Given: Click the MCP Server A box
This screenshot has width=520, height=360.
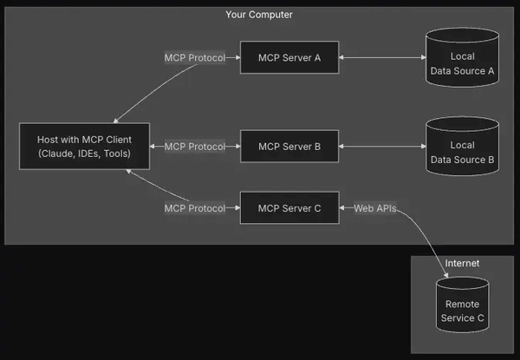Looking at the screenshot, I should pos(289,57).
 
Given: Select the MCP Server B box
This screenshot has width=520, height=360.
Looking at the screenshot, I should pos(289,147).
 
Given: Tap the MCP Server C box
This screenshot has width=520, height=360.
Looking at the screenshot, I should pos(289,208).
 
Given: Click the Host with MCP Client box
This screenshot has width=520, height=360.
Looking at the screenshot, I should pos(84,147).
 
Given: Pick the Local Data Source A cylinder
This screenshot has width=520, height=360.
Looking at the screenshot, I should pos(462,57).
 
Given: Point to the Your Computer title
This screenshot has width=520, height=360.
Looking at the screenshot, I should pos(259,15).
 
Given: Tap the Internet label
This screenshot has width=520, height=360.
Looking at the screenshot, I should pos(462,263).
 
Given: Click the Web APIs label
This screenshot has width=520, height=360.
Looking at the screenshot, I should pos(375,208).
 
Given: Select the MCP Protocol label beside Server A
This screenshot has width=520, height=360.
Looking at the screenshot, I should pos(195,57).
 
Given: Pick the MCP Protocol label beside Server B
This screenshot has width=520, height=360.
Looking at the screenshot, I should pos(195,147).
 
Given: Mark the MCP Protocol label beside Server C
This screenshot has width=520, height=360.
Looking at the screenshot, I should pos(195,208).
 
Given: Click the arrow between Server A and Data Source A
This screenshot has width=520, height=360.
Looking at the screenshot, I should pos(381,57).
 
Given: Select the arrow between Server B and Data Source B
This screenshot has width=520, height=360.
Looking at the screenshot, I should pos(381,147).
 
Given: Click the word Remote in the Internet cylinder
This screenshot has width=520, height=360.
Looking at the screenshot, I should pos(462,304).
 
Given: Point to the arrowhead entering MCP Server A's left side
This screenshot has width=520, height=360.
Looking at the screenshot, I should pos(237,57).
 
